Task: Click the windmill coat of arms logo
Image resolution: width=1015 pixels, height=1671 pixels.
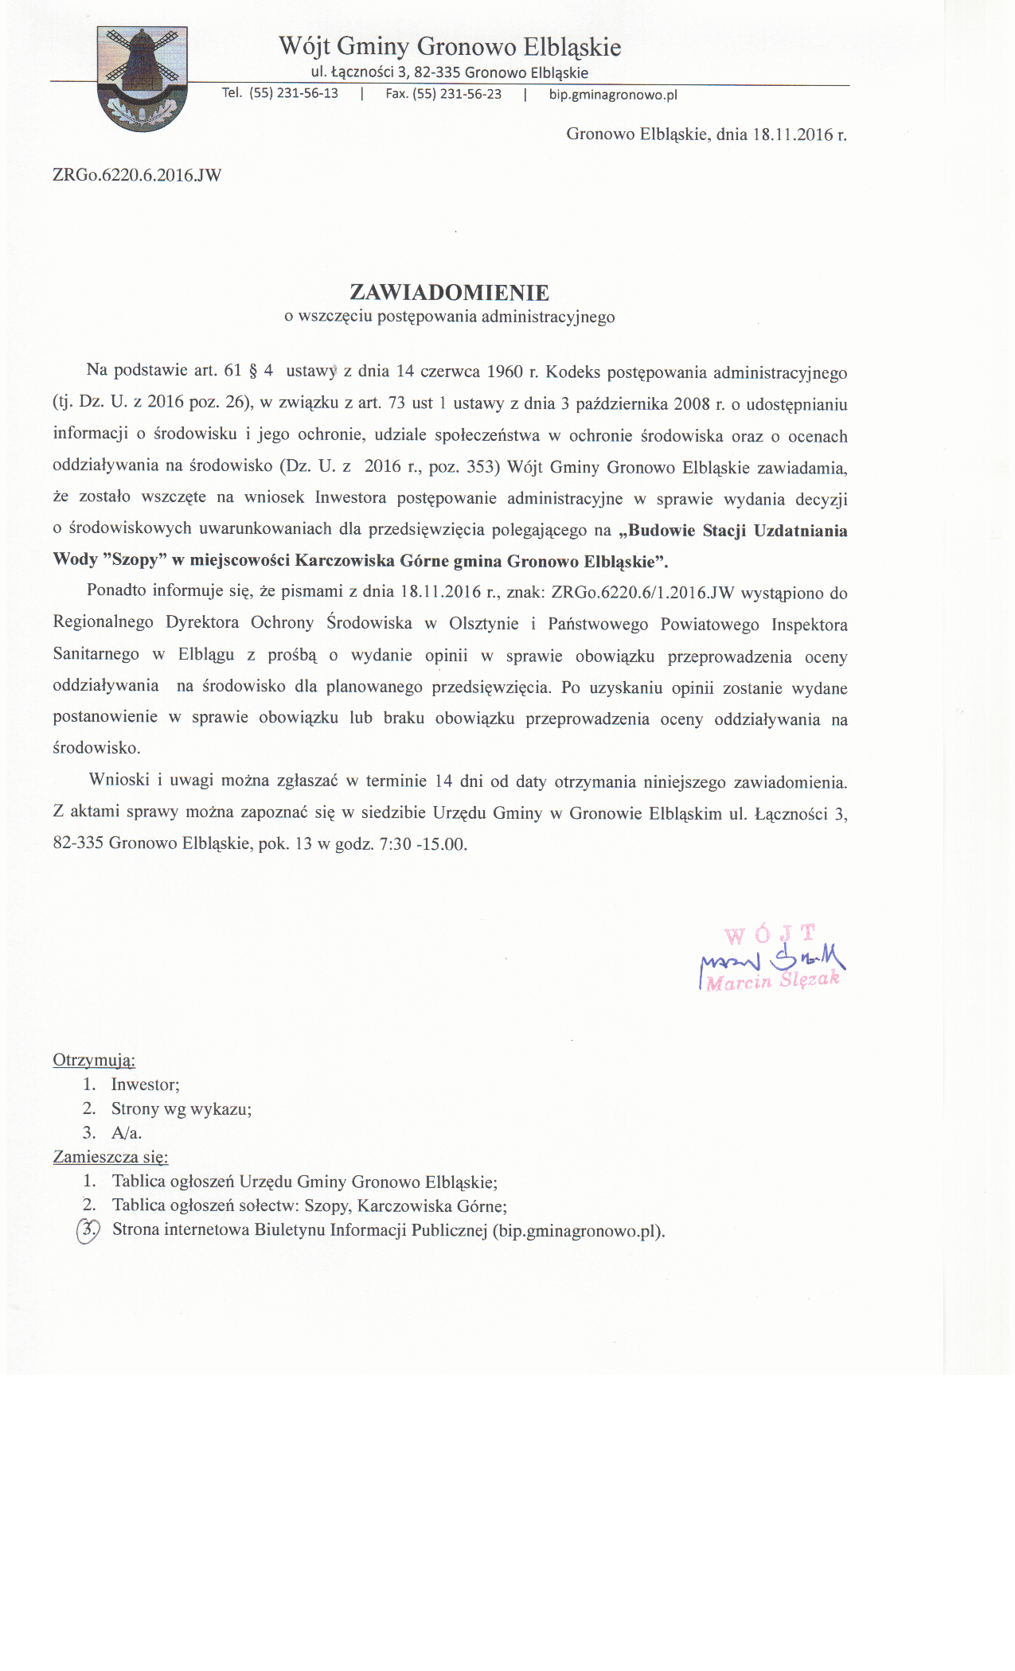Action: pos(142,78)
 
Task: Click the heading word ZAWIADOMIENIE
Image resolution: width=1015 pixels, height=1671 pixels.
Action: pos(450,292)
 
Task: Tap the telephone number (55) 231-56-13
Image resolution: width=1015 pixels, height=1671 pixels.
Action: pos(294,93)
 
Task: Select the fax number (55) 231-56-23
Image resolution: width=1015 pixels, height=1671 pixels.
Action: pos(457,94)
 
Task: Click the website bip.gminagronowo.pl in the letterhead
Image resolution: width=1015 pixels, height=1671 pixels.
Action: pos(613,95)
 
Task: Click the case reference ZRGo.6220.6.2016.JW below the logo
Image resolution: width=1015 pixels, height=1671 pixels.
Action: pos(137,175)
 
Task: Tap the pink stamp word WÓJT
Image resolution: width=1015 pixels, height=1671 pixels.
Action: pos(770,933)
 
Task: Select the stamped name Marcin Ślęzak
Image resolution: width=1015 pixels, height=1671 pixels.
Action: pos(772,981)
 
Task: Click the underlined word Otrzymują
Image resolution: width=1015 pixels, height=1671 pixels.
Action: pos(94,1060)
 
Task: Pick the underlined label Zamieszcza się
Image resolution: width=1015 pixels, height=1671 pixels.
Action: pos(111,1157)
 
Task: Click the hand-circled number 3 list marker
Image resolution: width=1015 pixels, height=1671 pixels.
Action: pos(88,1230)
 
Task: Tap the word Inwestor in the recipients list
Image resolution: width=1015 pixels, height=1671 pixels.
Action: pos(145,1085)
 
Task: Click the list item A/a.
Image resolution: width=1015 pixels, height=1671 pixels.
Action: pos(127,1133)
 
